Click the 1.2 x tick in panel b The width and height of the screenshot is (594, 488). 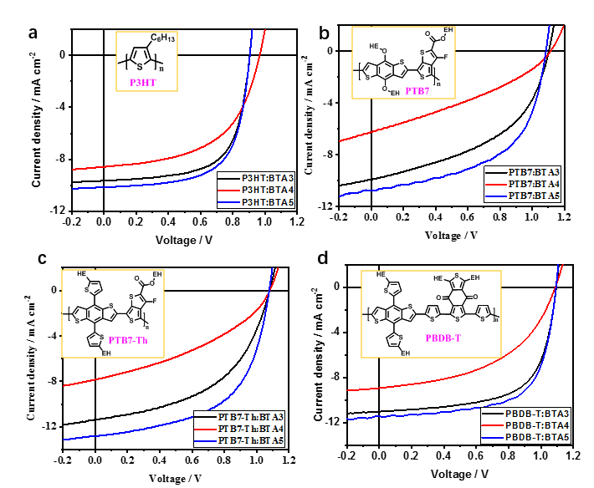click(565, 216)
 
